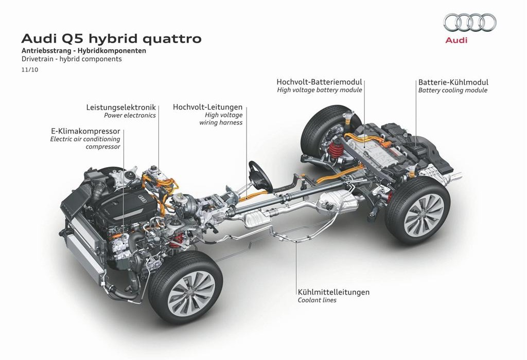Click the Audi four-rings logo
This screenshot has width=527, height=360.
click(469, 22)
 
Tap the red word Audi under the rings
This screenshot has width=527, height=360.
click(456, 40)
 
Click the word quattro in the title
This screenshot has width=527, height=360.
click(172, 39)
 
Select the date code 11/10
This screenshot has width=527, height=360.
click(29, 70)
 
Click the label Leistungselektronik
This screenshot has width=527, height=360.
click(121, 107)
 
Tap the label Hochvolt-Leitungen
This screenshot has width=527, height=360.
click(207, 107)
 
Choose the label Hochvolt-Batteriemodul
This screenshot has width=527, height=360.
click(319, 82)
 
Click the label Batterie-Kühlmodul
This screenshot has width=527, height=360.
click(453, 82)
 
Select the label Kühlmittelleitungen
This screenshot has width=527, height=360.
click(333, 292)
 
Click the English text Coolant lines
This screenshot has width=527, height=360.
click(317, 300)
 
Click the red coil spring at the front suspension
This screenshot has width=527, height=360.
click(176, 241)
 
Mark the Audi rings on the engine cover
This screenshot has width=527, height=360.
click(142, 199)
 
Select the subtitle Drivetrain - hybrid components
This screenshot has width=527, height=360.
click(72, 59)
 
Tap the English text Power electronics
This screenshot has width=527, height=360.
click(130, 116)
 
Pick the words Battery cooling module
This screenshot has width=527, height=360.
click(453, 91)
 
